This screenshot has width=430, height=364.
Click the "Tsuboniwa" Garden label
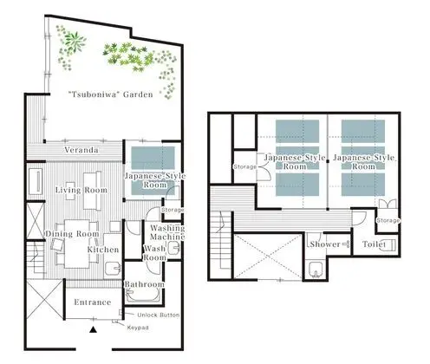(x=111, y=94)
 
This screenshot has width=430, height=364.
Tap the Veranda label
(x=81, y=150)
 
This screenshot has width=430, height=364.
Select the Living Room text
(x=81, y=190)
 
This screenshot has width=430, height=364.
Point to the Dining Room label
(x=72, y=234)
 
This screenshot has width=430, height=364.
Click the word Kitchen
(x=103, y=250)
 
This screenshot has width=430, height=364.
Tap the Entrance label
(x=93, y=302)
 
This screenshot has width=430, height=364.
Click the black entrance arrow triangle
(x=93, y=329)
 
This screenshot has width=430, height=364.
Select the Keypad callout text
(x=138, y=328)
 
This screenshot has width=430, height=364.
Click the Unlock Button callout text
(x=159, y=315)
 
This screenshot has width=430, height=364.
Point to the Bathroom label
(x=144, y=284)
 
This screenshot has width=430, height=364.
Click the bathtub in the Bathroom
(x=143, y=296)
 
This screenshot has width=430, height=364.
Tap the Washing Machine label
(x=167, y=232)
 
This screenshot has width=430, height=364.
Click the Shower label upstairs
(x=325, y=244)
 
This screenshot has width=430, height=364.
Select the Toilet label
(x=374, y=244)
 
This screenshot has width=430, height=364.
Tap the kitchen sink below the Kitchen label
(x=113, y=269)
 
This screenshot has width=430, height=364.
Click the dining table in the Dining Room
(x=77, y=244)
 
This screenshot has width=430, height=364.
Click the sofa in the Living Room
(x=92, y=191)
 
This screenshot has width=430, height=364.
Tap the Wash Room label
(x=155, y=253)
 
